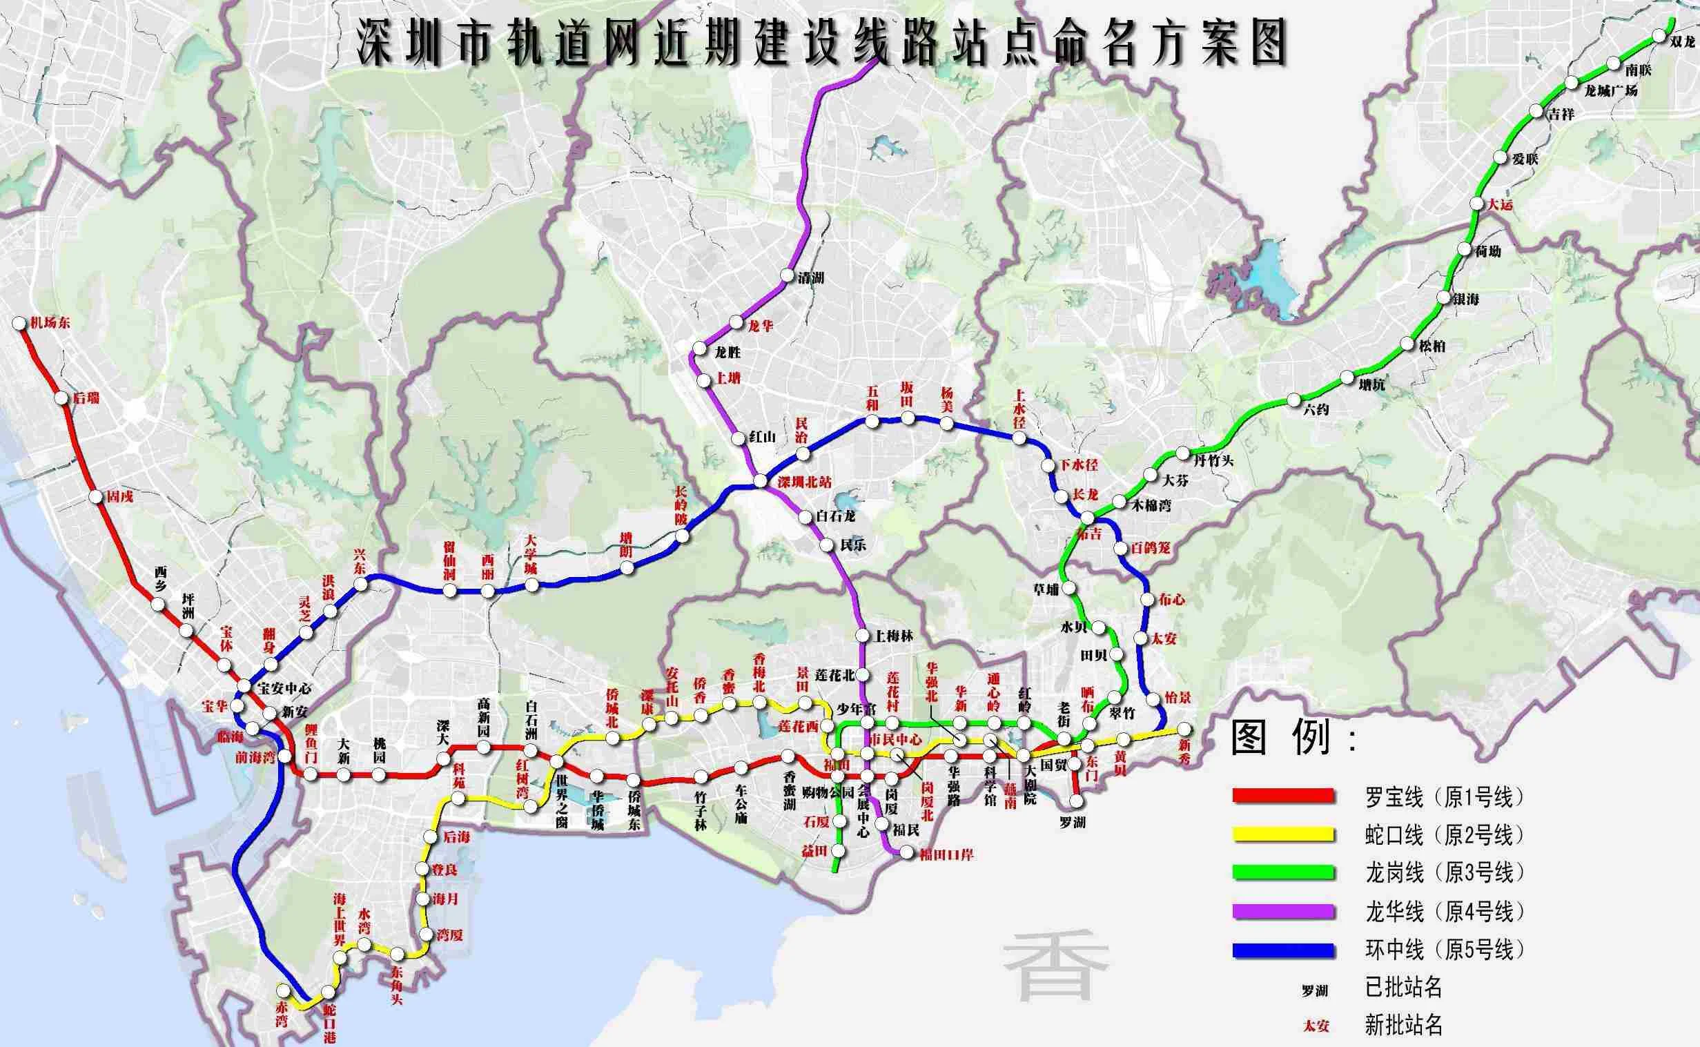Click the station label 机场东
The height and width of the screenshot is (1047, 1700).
pyautogui.click(x=50, y=323)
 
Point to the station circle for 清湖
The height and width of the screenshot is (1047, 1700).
pyautogui.click(x=787, y=275)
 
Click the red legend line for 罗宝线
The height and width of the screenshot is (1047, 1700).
pyautogui.click(x=1283, y=796)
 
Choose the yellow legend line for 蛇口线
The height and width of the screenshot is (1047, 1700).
pyautogui.click(x=1283, y=834)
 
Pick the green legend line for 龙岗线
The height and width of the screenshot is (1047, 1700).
pyautogui.click(x=1283, y=872)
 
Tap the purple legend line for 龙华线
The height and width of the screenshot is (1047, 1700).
pyautogui.click(x=1283, y=911)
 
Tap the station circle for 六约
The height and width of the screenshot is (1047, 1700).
pyautogui.click(x=1293, y=400)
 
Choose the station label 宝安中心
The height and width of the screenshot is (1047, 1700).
pyautogui.click(x=284, y=689)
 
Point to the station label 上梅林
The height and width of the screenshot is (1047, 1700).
pyautogui.click(x=895, y=636)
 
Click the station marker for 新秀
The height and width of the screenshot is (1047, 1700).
pyautogui.click(x=1185, y=729)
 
